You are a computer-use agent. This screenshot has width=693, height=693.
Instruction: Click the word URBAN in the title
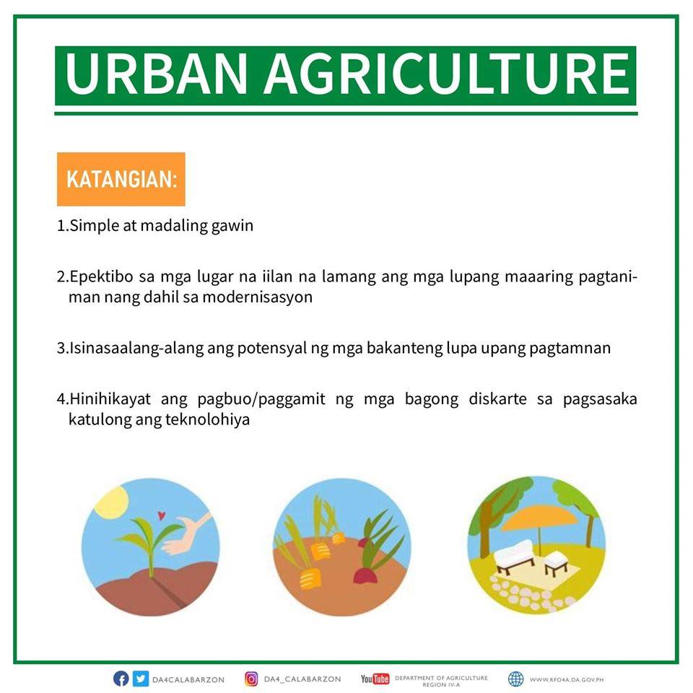click(x=156, y=74)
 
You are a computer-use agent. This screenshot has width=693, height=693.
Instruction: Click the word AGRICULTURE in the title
click(x=447, y=74)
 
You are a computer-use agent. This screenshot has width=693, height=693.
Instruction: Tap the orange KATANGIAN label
click(x=121, y=179)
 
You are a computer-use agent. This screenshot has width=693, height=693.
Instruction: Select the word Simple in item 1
click(x=95, y=226)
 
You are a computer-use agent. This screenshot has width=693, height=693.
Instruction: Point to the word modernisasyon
click(x=257, y=297)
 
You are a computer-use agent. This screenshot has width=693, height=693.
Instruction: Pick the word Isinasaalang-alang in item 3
click(x=136, y=348)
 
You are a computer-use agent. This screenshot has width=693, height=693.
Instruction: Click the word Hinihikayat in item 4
click(x=110, y=398)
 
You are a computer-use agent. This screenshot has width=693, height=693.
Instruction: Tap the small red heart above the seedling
click(x=161, y=515)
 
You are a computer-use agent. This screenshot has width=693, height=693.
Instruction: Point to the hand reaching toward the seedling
click(x=188, y=533)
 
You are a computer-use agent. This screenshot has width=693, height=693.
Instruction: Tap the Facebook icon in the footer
click(x=121, y=679)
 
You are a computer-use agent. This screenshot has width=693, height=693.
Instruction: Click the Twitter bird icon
click(x=141, y=679)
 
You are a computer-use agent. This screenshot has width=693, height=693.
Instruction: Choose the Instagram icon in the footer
click(x=251, y=679)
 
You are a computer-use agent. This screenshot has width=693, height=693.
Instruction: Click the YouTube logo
click(x=375, y=679)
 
